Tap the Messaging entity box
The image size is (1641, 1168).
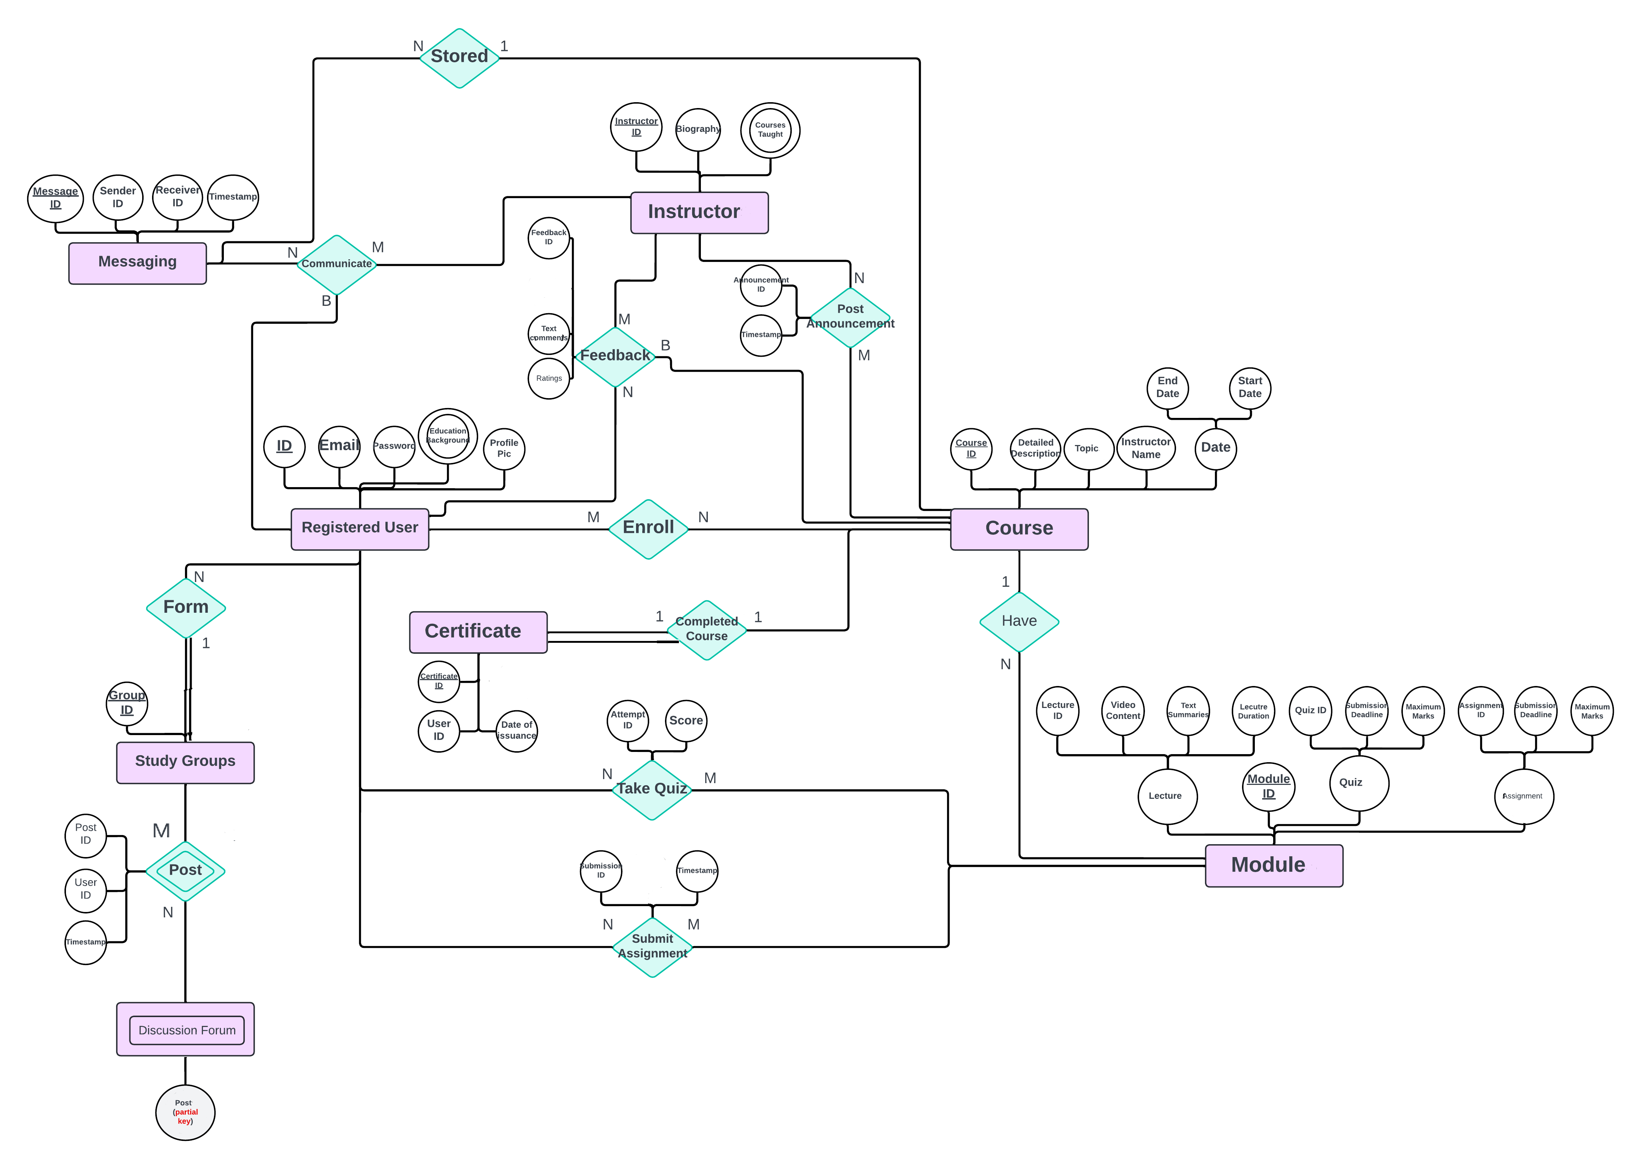[x=137, y=263]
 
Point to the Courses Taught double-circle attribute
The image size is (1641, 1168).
[x=770, y=130]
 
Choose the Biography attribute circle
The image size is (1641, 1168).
[x=697, y=129]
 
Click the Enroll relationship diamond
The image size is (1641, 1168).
[x=648, y=529]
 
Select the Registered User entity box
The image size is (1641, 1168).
[x=360, y=529]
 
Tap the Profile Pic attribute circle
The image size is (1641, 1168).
[x=504, y=449]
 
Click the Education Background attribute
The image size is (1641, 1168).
[x=447, y=436]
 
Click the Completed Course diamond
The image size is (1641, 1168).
[x=706, y=629]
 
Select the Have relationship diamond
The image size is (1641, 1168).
[x=1019, y=622]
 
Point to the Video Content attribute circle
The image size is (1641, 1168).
[x=1122, y=711]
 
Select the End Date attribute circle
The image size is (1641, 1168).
[x=1167, y=388]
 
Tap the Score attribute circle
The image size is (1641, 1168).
[x=685, y=721]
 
